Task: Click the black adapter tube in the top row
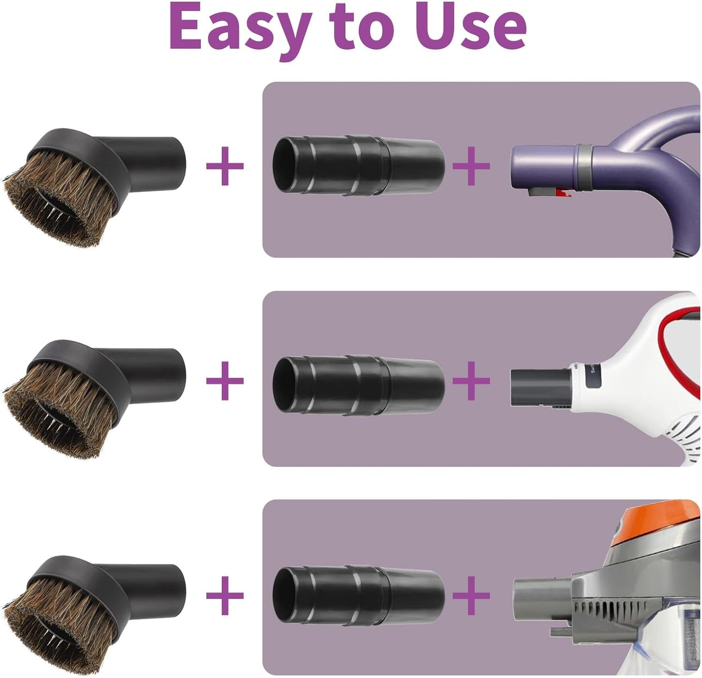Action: [x=358, y=165]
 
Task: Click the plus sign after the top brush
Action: [x=224, y=166]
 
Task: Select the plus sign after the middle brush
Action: [x=224, y=380]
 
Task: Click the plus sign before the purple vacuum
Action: [x=471, y=166]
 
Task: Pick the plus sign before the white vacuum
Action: [x=471, y=380]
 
